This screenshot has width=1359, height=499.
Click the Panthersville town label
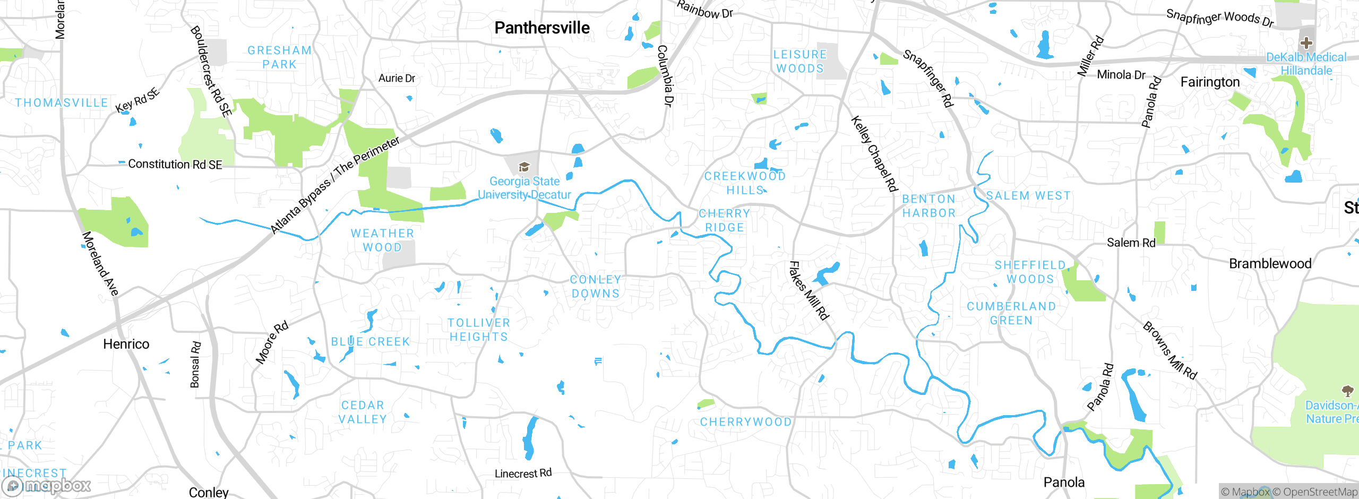point(542,28)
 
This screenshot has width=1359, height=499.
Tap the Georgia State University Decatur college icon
point(524,168)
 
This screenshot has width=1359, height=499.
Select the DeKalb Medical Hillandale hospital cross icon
point(1306,43)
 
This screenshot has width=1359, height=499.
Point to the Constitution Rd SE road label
point(175,165)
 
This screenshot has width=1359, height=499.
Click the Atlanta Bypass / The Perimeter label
point(335,185)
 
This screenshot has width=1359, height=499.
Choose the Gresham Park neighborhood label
point(280,57)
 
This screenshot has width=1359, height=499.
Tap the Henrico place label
point(126,345)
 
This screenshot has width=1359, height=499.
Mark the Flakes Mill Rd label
point(808,291)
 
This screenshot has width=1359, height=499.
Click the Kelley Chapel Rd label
point(874,154)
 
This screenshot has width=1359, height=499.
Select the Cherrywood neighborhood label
point(746,422)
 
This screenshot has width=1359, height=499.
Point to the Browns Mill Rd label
point(1170,351)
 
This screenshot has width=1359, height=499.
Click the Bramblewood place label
point(1270,264)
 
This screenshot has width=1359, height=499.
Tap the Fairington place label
point(1210,82)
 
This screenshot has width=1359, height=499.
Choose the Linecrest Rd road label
point(523,474)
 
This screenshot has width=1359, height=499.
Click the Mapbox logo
point(47,486)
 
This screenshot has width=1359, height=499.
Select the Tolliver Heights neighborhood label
point(478,330)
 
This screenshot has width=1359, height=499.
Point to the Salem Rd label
point(1131,243)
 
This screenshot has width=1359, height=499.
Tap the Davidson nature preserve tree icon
point(1347,392)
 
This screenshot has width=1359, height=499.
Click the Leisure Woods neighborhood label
point(800,62)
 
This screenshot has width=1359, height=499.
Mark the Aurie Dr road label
point(397,79)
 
